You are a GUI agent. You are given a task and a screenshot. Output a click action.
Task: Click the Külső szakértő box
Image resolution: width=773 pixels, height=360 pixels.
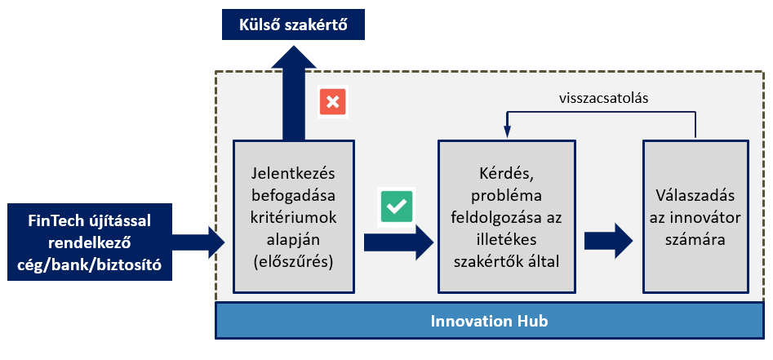[x=293, y=24]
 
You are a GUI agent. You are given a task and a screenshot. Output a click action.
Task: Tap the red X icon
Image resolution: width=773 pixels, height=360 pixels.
[x=333, y=102]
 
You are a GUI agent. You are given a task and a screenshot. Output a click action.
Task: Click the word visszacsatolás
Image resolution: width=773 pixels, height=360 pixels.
[x=603, y=98]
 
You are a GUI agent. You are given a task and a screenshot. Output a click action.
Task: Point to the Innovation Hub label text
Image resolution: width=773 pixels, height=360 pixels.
[x=489, y=321]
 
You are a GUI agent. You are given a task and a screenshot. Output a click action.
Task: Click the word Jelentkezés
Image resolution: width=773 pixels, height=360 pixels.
[x=293, y=174]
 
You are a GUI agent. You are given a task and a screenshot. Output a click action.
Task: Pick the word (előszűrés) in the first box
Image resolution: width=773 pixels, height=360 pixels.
[x=293, y=262]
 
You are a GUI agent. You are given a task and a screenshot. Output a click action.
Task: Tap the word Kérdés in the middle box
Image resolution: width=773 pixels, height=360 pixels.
[x=506, y=174]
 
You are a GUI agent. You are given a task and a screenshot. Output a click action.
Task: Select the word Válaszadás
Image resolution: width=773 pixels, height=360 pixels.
[x=695, y=195]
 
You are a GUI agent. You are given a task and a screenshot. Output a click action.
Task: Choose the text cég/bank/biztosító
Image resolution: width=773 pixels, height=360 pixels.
[x=90, y=264]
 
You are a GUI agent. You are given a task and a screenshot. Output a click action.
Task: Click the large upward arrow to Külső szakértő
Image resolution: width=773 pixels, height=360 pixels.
[x=293, y=93]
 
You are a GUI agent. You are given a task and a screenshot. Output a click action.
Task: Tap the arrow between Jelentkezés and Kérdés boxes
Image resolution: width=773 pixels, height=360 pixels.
[x=398, y=242]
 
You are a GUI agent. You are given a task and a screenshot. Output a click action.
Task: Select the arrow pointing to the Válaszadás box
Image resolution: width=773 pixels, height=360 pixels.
[x=608, y=241]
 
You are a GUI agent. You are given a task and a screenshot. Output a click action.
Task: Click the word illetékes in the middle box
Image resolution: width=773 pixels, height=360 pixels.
[x=506, y=240]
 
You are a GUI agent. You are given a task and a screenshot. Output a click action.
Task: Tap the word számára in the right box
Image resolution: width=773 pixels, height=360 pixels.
[x=695, y=240]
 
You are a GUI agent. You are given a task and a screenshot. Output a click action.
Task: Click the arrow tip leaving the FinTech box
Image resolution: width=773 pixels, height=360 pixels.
[x=224, y=242]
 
